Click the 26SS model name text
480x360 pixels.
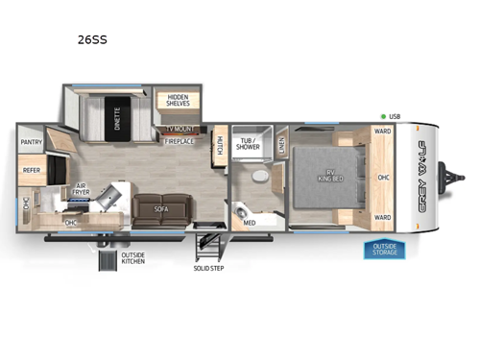[x=92, y=41]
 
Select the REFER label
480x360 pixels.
[x=31, y=171]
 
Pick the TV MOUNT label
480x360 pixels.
[x=181, y=128]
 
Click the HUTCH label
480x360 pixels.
[x=219, y=144]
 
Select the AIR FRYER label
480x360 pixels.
[x=81, y=191]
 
